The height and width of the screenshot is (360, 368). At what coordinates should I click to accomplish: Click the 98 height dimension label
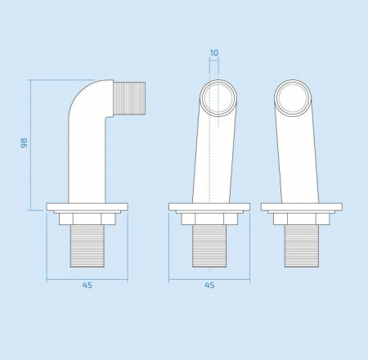[x=24, y=143]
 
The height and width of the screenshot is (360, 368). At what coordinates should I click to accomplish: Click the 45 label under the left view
[x=88, y=286]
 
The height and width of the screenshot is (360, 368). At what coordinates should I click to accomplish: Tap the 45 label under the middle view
[x=209, y=286]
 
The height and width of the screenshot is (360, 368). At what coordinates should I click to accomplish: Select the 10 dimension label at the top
[x=214, y=53]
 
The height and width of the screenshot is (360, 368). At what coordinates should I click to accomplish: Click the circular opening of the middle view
[x=220, y=99]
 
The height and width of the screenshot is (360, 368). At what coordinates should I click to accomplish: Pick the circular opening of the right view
[x=292, y=99]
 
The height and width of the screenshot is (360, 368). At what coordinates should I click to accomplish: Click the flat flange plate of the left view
[x=88, y=206]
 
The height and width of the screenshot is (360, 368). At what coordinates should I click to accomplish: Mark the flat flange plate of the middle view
[x=209, y=206]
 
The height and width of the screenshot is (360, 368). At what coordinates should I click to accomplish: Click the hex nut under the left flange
[x=88, y=218]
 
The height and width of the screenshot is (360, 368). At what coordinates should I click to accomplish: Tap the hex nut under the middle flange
[x=209, y=218]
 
